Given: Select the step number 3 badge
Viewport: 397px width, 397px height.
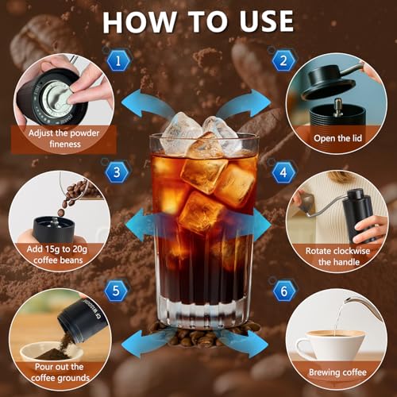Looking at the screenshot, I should point(117,171).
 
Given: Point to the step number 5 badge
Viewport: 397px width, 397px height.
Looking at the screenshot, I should point(117,290).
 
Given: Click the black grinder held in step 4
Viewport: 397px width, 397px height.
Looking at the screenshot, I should point(358,210).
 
